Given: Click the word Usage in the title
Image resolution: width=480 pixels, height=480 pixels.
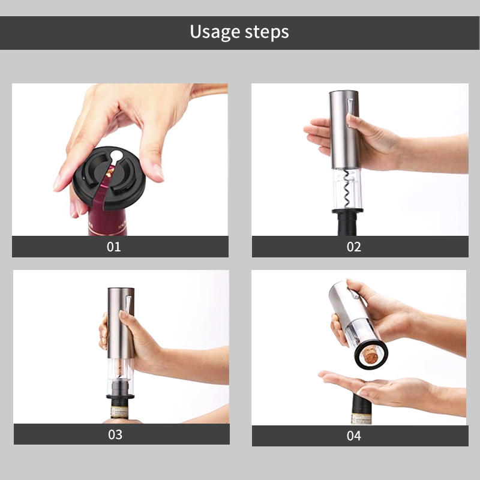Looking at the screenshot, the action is click(215, 32).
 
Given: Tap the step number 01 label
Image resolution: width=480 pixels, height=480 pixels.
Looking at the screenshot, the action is click(114, 247).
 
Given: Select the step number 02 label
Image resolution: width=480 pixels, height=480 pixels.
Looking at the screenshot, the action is click(354, 247).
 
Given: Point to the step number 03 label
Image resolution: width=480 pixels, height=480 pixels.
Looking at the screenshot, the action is click(115, 434).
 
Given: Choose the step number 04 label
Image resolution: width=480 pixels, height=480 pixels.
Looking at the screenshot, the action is click(354, 436).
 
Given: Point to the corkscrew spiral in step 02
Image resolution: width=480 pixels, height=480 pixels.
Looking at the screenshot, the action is click(347, 189).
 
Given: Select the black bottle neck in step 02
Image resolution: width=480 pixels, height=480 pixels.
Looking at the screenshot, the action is click(347, 224).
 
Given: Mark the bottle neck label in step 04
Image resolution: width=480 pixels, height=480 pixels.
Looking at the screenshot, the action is click(361, 418).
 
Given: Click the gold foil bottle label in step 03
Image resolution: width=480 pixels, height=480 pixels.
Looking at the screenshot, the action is click(119, 412).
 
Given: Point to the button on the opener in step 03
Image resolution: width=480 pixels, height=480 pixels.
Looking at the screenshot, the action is click(128, 306).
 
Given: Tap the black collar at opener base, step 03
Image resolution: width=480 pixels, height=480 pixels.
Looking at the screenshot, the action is click(120, 397).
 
